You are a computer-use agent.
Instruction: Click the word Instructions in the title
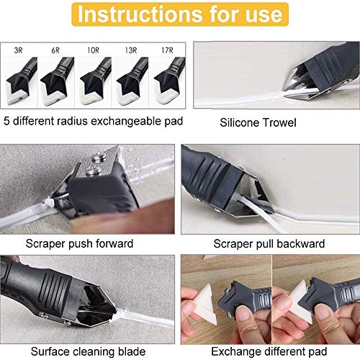click(137, 14)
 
